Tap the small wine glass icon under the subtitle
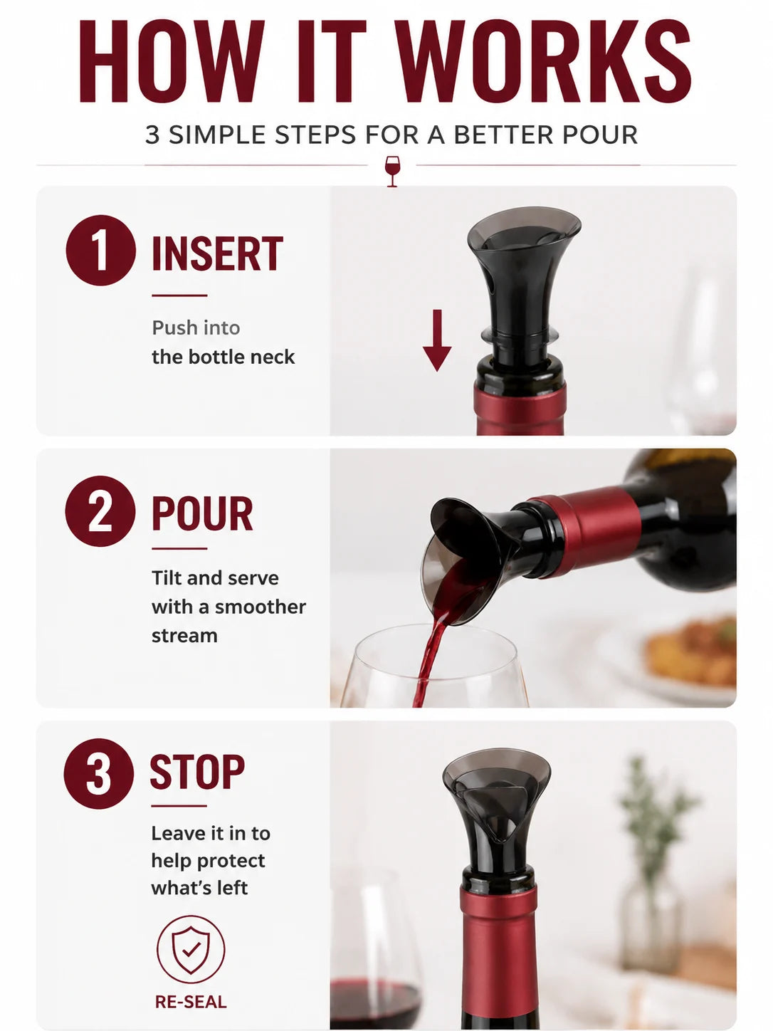pyautogui.click(x=392, y=172)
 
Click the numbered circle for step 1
pyautogui.click(x=101, y=251)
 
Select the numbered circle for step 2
pyautogui.click(x=100, y=511)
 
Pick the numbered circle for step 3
pyautogui.click(x=98, y=773)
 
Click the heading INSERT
pyautogui.click(x=217, y=253)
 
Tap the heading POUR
pyautogui.click(x=202, y=514)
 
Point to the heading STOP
pyautogui.click(x=197, y=772)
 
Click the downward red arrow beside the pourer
pyautogui.click(x=437, y=340)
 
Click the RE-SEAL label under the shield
pyautogui.click(x=191, y=1003)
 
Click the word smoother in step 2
pyautogui.click(x=260, y=607)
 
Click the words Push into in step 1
pyautogui.click(x=196, y=328)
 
